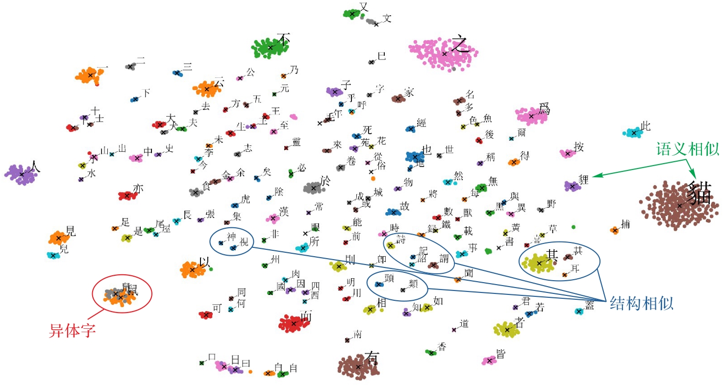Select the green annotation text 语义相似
point(687,150)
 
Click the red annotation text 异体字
point(72,331)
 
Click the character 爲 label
point(544,109)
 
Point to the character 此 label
point(646,126)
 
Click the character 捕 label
point(625,224)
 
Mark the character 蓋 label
point(589,305)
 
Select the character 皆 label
point(500,354)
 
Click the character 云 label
point(219,83)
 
